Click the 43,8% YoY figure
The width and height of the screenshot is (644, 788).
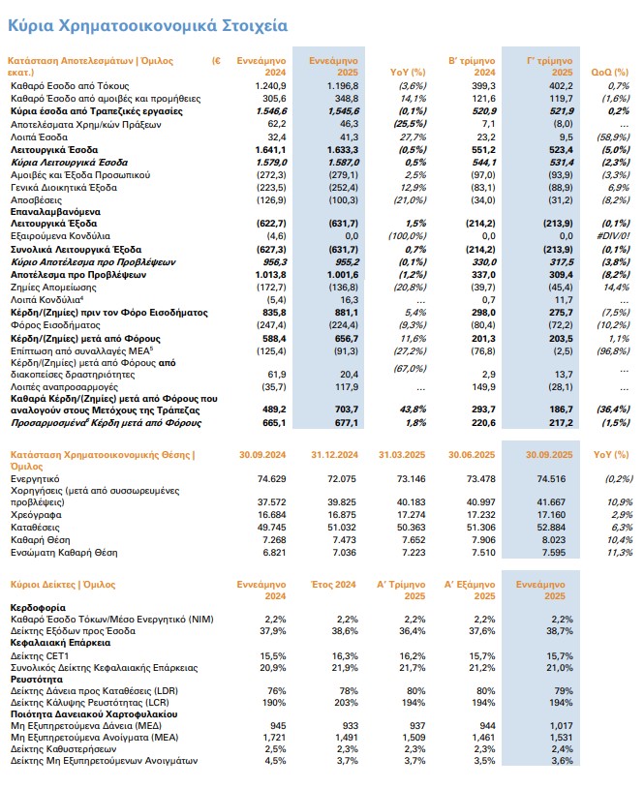412,383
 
